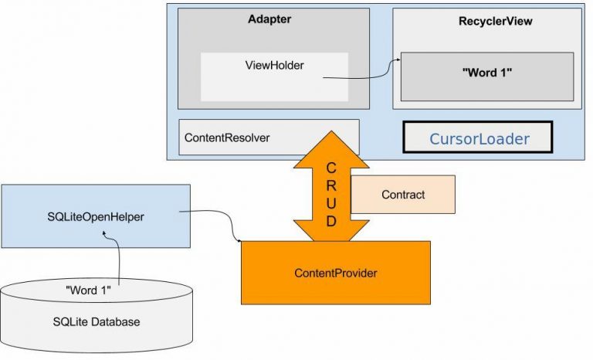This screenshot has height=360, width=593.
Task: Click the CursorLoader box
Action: tap(478, 139)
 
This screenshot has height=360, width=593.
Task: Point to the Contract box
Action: tap(402, 195)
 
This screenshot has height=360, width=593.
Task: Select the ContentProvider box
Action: tap(335, 273)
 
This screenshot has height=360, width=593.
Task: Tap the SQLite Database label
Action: tap(97, 321)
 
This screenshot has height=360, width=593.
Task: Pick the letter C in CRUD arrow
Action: tap(331, 169)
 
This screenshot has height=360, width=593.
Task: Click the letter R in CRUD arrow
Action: tap(331, 186)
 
